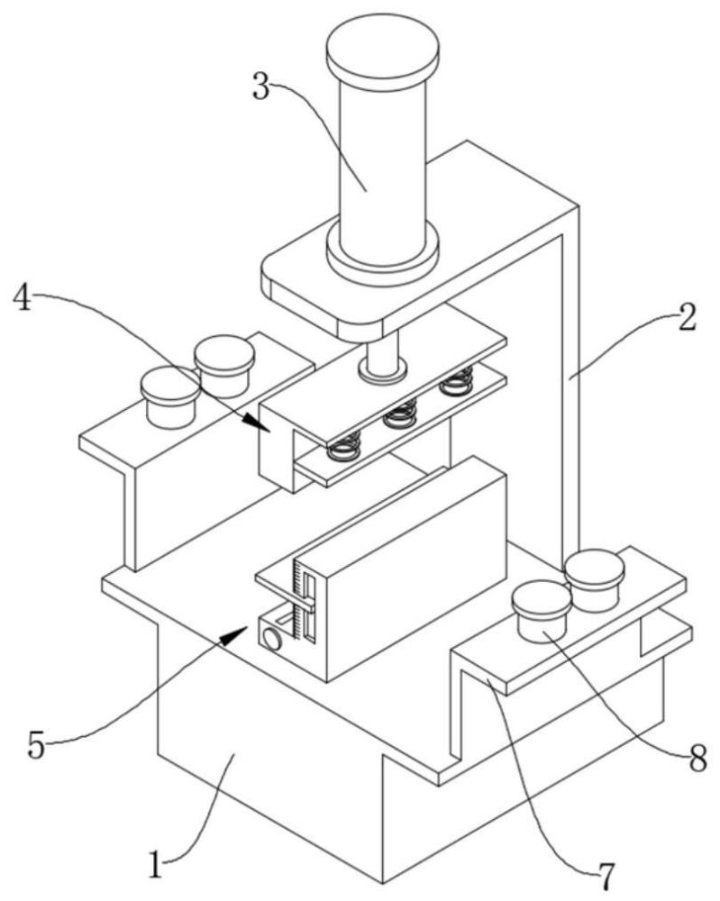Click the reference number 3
point(262,88)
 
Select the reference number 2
point(686,318)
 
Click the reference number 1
point(155,865)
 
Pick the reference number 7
point(606,876)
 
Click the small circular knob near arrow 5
point(271,639)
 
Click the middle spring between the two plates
point(401,413)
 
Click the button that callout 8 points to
point(542,612)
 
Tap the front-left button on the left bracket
point(170,398)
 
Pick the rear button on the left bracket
point(224,366)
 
